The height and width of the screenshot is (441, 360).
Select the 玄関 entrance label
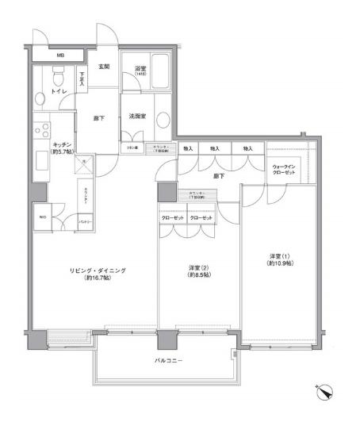(x=104, y=67)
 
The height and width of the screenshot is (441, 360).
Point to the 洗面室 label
(x=136, y=117)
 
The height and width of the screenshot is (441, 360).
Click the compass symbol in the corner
(x=324, y=389)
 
